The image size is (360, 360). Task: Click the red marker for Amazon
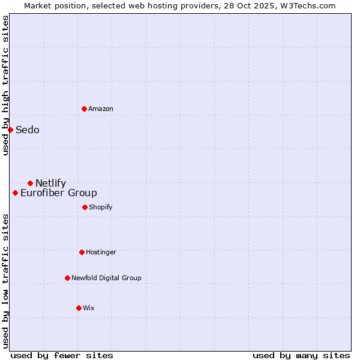[x=84, y=109]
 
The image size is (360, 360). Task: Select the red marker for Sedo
[x=10, y=130]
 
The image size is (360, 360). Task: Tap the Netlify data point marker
[x=30, y=183]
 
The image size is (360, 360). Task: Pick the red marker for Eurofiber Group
[x=15, y=193]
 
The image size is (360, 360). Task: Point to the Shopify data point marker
[x=85, y=207]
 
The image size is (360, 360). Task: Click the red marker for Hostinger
[x=82, y=252]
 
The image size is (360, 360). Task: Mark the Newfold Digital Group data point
[x=67, y=278]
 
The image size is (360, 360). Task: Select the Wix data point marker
[x=79, y=308]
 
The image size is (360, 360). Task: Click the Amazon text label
[x=101, y=109]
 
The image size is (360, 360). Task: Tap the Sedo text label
[x=28, y=130]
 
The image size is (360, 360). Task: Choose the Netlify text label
[x=51, y=184]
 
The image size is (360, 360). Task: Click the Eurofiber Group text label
[x=59, y=193]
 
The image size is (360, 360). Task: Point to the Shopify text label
[x=101, y=208]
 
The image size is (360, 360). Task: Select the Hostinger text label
[x=101, y=253]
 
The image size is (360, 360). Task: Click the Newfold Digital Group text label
[x=106, y=278]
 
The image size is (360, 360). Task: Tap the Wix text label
[x=89, y=308]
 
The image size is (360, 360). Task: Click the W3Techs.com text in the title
[x=310, y=5]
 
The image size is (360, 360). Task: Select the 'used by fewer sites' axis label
[x=62, y=356]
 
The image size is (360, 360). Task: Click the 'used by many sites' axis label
[x=301, y=356]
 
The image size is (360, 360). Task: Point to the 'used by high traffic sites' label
[x=5, y=86]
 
